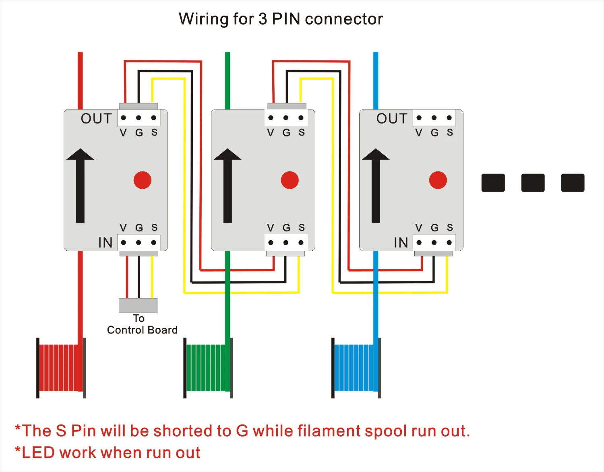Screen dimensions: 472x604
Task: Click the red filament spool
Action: tap(61, 367)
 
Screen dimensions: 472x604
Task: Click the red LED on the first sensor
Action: tap(143, 180)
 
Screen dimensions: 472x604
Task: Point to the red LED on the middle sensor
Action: tap(290, 180)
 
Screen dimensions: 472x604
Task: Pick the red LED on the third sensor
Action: tap(438, 180)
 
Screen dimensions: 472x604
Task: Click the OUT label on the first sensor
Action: tap(96, 119)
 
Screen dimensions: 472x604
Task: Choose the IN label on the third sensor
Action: tap(401, 243)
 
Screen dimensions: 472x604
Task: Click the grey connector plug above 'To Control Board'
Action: tap(138, 305)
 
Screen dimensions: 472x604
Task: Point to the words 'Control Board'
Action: tap(142, 330)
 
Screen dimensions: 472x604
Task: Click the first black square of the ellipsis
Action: tap(493, 183)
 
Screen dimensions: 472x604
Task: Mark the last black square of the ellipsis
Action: tap(573, 183)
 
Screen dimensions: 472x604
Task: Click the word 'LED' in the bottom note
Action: tap(38, 453)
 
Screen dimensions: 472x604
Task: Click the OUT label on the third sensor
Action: tap(392, 119)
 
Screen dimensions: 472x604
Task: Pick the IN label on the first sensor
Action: tap(105, 243)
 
